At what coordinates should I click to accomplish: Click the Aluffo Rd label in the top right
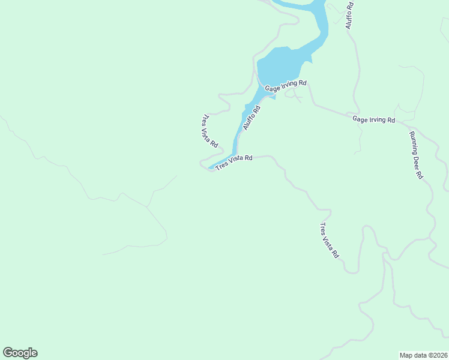click(349, 15)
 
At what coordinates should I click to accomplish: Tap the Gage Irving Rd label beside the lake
click(286, 86)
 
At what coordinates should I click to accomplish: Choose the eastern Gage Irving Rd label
click(373, 119)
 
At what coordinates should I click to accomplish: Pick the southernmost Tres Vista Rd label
click(329, 241)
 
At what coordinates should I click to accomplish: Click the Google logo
click(20, 353)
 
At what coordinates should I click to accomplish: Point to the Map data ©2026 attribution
click(423, 355)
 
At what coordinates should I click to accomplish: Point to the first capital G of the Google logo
click(8, 353)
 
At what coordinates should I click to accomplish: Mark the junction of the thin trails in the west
click(146, 208)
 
